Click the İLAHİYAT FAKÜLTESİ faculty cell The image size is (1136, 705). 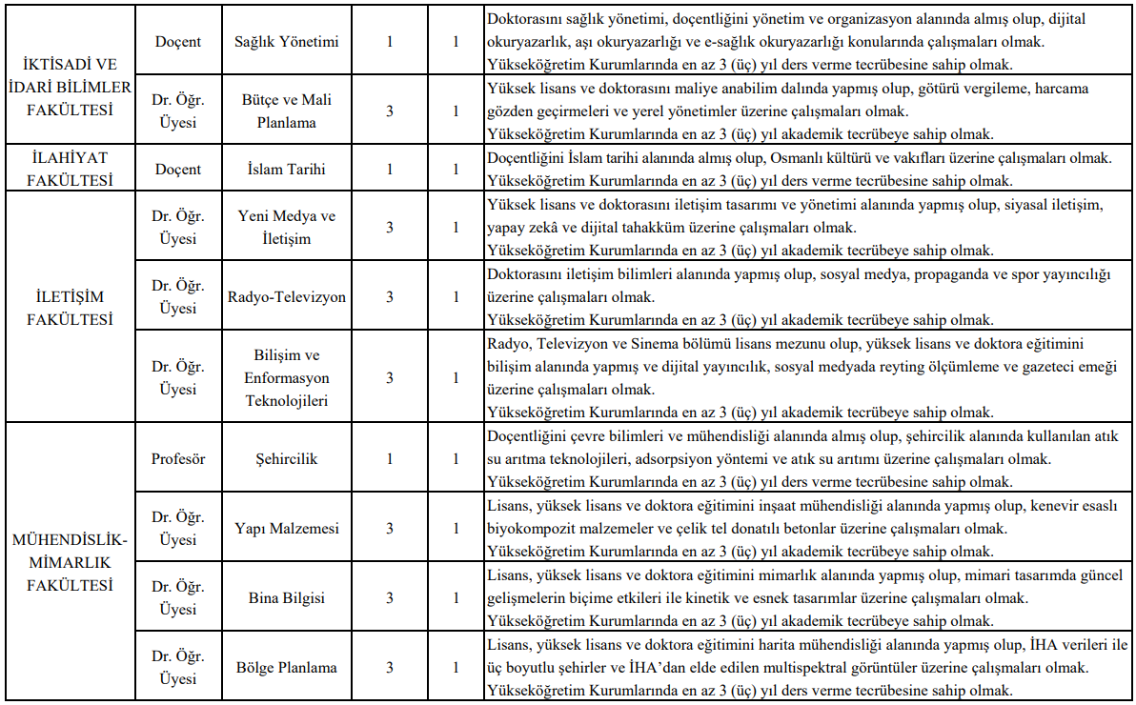(x=69, y=169)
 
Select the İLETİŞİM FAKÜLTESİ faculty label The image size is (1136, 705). (x=69, y=308)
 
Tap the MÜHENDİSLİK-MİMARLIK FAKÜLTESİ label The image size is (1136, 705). (x=69, y=562)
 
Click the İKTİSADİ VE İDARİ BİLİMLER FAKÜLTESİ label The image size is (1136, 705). (x=69, y=87)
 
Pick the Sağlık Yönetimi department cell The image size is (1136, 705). (x=286, y=42)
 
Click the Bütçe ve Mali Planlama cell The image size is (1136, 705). (x=286, y=111)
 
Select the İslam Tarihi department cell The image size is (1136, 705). (x=286, y=170)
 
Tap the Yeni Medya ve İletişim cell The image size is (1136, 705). (x=286, y=227)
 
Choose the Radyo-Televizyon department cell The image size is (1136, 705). (x=286, y=296)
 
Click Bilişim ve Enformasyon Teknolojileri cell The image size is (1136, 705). (x=286, y=378)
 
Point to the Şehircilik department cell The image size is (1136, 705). (x=286, y=458)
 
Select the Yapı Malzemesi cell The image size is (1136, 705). (x=286, y=528)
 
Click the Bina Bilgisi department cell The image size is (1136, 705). (x=286, y=598)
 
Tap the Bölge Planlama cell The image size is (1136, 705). (x=286, y=667)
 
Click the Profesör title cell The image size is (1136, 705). (x=178, y=458)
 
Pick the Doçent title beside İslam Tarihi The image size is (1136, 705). (x=178, y=170)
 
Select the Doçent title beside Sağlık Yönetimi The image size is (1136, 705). (x=178, y=42)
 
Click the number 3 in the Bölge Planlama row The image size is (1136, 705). (x=389, y=667)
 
